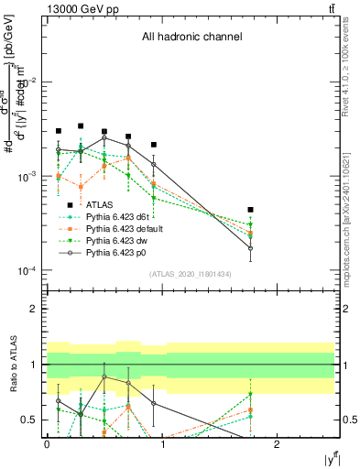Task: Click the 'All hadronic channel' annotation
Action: tap(191, 38)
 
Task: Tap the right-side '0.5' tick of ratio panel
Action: tap(349, 420)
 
